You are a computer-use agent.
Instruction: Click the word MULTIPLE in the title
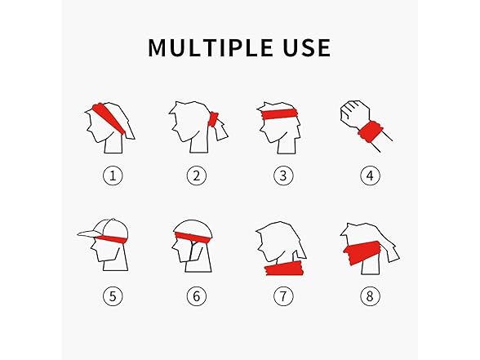(211, 47)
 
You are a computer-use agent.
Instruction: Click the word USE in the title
(307, 47)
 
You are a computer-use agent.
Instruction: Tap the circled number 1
(113, 176)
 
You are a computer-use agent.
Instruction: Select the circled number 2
(197, 176)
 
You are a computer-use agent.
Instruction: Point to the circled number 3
(283, 176)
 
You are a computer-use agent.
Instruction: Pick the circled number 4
(370, 176)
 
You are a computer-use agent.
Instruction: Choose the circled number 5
(113, 296)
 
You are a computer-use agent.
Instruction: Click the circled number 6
(197, 296)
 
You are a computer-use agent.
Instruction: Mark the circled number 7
(283, 296)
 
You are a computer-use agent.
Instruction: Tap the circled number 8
(370, 296)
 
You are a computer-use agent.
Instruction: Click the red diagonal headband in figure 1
(109, 118)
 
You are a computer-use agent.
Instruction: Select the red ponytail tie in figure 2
(213, 120)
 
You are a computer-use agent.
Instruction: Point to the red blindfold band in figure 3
(280, 113)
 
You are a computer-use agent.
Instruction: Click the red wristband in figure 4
(371, 131)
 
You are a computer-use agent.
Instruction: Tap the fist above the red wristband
(355, 113)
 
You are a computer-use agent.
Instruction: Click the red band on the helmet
(193, 237)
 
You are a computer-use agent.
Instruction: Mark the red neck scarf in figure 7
(284, 269)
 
